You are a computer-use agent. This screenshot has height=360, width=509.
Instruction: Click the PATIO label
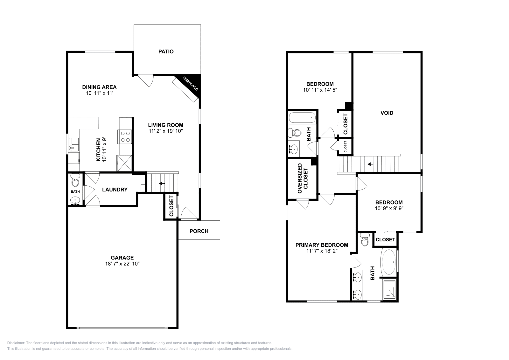(166, 52)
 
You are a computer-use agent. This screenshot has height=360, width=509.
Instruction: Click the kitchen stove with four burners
(125, 136)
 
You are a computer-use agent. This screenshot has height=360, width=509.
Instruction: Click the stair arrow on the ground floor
(162, 183)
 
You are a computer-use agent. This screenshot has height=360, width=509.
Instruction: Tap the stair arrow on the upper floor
(370, 164)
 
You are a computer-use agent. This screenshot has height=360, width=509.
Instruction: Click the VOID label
(387, 113)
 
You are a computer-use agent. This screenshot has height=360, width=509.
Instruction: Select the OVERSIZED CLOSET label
(303, 179)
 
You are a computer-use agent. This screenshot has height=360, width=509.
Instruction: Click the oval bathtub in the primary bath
(388, 262)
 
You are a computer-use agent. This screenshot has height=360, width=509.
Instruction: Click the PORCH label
(199, 231)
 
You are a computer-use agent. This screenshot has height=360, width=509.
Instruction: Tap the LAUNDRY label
(115, 190)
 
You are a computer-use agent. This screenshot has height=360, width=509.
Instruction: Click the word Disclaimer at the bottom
(16, 343)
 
